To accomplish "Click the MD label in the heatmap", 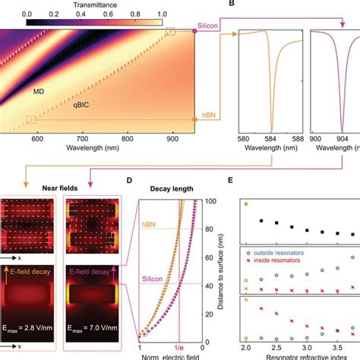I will (38, 90).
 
